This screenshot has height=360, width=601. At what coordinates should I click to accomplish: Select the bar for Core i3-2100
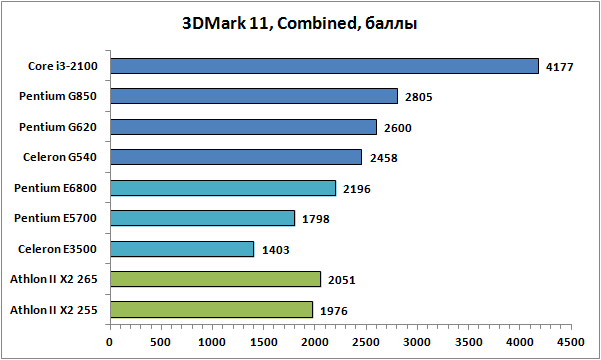click(x=324, y=66)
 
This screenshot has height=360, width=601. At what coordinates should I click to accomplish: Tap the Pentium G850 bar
click(x=254, y=96)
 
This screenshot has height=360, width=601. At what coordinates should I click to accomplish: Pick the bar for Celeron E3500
click(x=182, y=249)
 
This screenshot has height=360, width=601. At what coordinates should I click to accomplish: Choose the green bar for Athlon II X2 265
click(x=215, y=279)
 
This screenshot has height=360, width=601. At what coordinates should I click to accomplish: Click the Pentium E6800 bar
click(x=223, y=188)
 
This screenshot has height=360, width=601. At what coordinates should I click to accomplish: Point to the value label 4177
click(x=560, y=67)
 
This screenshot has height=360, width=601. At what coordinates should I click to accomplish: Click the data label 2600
click(x=398, y=128)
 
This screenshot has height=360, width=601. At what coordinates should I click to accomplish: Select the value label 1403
click(x=276, y=250)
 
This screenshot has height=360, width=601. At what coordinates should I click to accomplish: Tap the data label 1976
click(x=334, y=311)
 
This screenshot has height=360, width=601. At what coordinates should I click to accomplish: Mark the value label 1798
click(x=316, y=219)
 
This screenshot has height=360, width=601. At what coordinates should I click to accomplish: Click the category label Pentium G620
click(x=58, y=127)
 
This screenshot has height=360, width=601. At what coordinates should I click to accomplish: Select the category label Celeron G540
click(x=60, y=157)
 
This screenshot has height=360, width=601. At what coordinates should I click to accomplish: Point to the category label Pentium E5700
click(x=56, y=218)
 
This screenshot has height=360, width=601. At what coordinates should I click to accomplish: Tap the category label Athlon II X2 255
click(x=54, y=310)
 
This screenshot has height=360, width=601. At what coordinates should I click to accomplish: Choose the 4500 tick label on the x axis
click(x=571, y=342)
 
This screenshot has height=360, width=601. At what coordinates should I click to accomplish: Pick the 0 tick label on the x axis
click(x=110, y=342)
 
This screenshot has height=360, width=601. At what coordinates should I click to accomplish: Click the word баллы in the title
click(x=391, y=24)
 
